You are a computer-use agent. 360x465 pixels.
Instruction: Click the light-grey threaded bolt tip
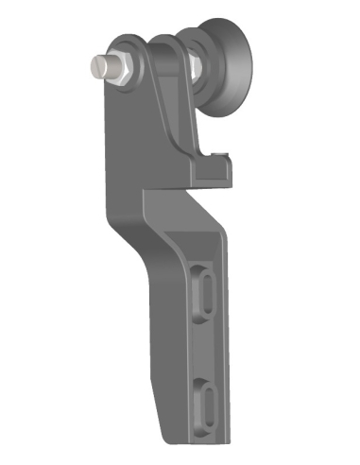click(x=98, y=65)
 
